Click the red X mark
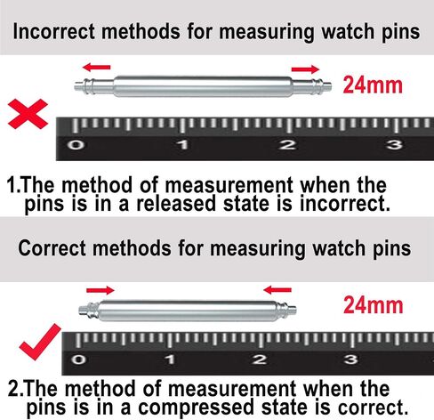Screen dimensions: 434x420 pos(28,114)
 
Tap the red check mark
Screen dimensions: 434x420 pos(40,343)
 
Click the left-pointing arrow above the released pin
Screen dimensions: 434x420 pos(96,68)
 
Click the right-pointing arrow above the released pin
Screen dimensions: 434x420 pos(305,69)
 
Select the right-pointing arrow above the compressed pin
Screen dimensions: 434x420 pos(100,290)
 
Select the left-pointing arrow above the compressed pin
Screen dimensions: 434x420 pos(277,290)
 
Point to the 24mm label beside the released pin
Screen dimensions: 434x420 pos(373,85)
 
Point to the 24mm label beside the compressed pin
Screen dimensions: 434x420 pos(374,305)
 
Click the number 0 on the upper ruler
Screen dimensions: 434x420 pos(76,145)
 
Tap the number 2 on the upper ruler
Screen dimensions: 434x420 pos(287,145)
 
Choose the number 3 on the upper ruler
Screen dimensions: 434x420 pos(394,145)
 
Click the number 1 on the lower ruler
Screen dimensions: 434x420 pos(170,359)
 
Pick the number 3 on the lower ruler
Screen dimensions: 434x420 pos(351,359)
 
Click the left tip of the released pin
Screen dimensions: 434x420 pos(75,86)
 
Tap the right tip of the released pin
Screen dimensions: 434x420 pos(331,86)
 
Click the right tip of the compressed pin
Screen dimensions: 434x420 pos(296,311)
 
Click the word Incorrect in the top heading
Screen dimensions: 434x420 pos(54,31)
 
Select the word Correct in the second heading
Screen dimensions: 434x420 pos(52,248)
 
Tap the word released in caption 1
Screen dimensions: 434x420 pos(176,204)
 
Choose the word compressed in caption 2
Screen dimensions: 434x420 pos(196,408)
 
